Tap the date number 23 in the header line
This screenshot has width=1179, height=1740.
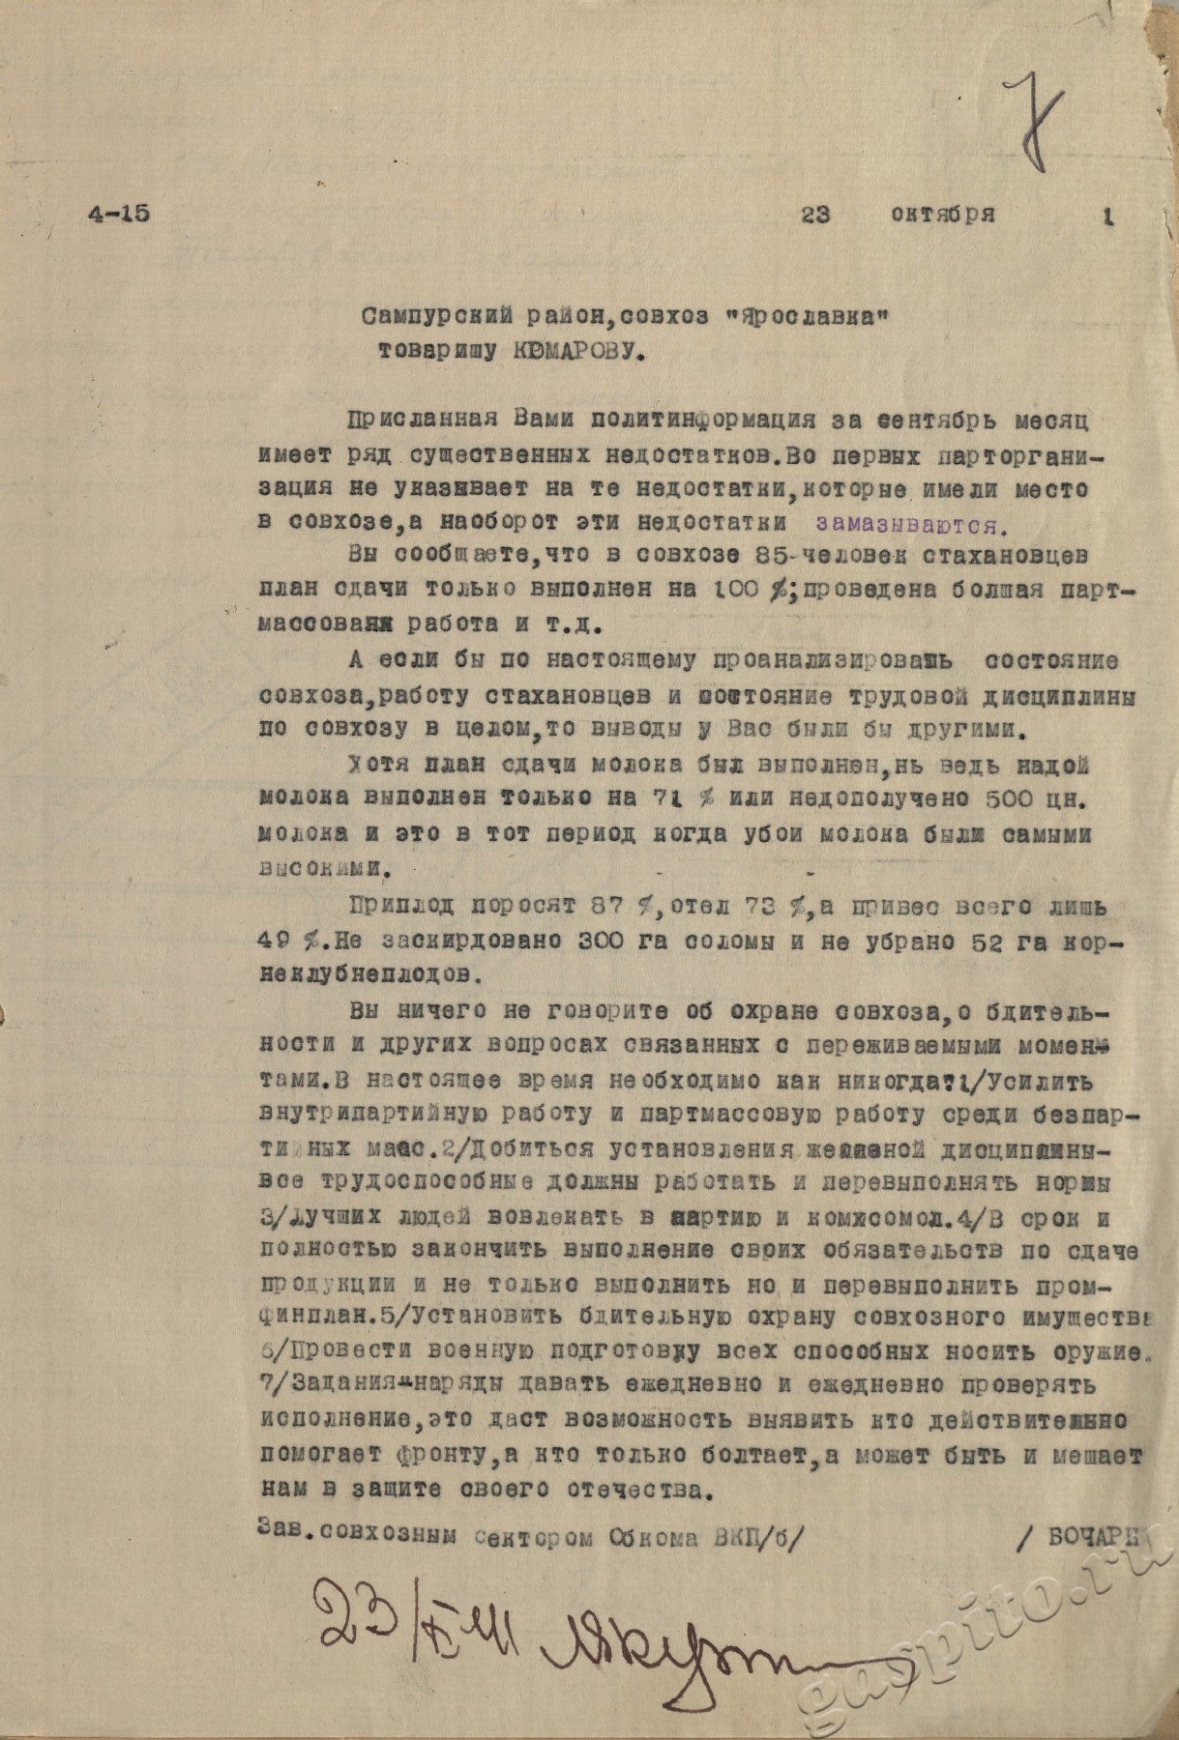click(x=815, y=216)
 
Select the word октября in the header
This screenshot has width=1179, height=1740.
click(x=942, y=216)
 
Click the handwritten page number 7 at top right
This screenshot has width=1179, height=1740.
click(x=1034, y=130)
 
